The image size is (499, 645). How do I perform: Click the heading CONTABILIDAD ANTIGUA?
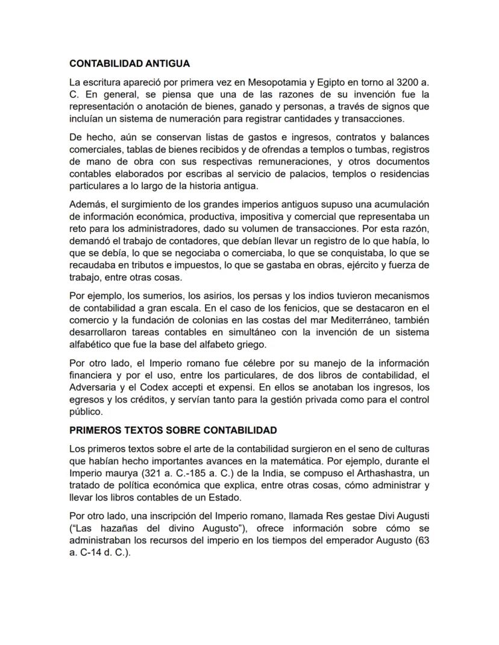tap(130, 63)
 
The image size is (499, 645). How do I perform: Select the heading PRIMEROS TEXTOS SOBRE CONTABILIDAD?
tap(173, 431)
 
